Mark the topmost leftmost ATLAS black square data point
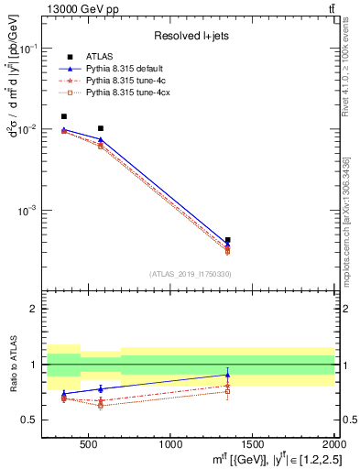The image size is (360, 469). (x=63, y=116)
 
